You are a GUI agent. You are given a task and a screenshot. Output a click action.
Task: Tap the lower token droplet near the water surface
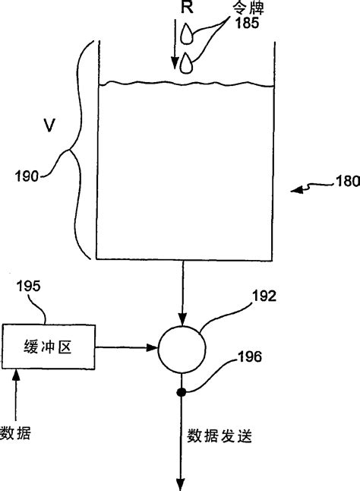(188, 65)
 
